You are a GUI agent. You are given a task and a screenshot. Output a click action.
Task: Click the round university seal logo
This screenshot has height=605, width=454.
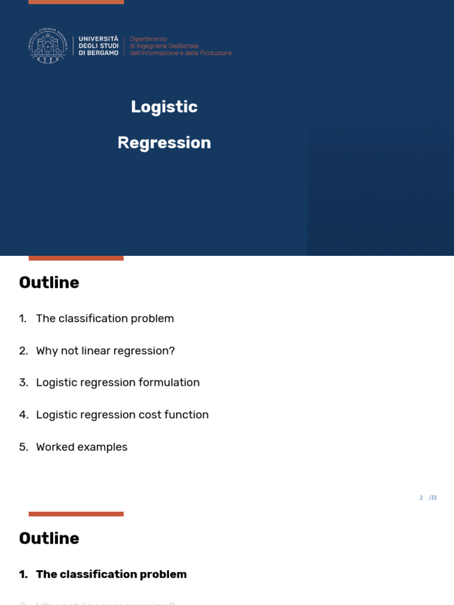pyautogui.click(x=47, y=45)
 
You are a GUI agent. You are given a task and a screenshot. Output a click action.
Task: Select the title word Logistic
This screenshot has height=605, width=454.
pyautogui.click(x=164, y=107)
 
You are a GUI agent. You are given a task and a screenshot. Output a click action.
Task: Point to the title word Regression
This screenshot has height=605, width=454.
pyautogui.click(x=164, y=143)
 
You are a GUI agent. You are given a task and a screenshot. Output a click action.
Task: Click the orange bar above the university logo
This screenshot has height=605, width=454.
pyautogui.click(x=76, y=2)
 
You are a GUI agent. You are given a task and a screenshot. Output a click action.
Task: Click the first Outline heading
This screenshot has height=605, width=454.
pyautogui.click(x=49, y=282)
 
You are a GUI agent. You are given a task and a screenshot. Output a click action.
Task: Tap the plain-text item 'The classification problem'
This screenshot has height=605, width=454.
pyautogui.click(x=105, y=318)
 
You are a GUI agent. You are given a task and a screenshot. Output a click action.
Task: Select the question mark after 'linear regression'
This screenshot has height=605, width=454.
pyautogui.click(x=172, y=351)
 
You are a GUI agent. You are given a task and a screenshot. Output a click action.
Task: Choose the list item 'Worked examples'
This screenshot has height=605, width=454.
pyautogui.click(x=82, y=447)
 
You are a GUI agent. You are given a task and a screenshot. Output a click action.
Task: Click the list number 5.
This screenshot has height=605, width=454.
pyautogui.click(x=22, y=447)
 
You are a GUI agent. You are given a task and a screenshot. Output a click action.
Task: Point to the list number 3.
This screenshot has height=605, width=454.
pyautogui.click(x=22, y=383)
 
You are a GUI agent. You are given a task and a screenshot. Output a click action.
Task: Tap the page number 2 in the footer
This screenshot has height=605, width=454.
pyautogui.click(x=421, y=498)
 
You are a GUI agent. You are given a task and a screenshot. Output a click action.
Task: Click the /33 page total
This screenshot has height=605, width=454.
pyautogui.click(x=433, y=498)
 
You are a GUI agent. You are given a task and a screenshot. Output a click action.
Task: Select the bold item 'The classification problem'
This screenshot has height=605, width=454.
pyautogui.click(x=111, y=574)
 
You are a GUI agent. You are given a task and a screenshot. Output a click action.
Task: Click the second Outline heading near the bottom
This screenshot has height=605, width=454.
pyautogui.click(x=49, y=538)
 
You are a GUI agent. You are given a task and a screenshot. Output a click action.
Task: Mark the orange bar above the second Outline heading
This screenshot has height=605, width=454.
pyautogui.click(x=76, y=514)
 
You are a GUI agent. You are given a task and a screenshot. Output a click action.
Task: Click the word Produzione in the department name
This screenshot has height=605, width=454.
pyautogui.click(x=216, y=53)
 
